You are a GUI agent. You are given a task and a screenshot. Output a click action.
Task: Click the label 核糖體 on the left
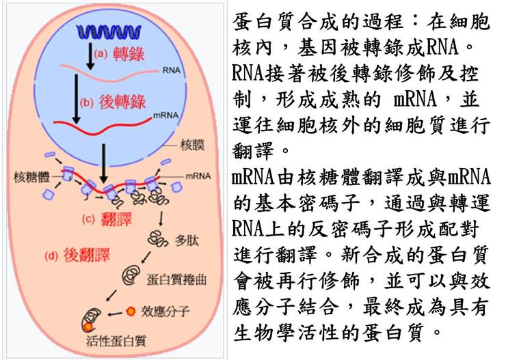coord(30,176)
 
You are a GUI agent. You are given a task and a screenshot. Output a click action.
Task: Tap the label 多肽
coord(187,240)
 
